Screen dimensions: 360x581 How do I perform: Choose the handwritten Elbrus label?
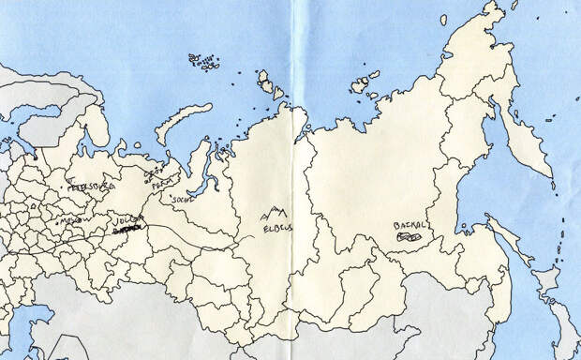pyautogui.click(x=276, y=227)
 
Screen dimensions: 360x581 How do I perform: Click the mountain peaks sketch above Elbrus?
pyautogui.click(x=276, y=214)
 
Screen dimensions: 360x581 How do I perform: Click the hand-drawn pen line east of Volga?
pyautogui.click(x=197, y=234)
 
